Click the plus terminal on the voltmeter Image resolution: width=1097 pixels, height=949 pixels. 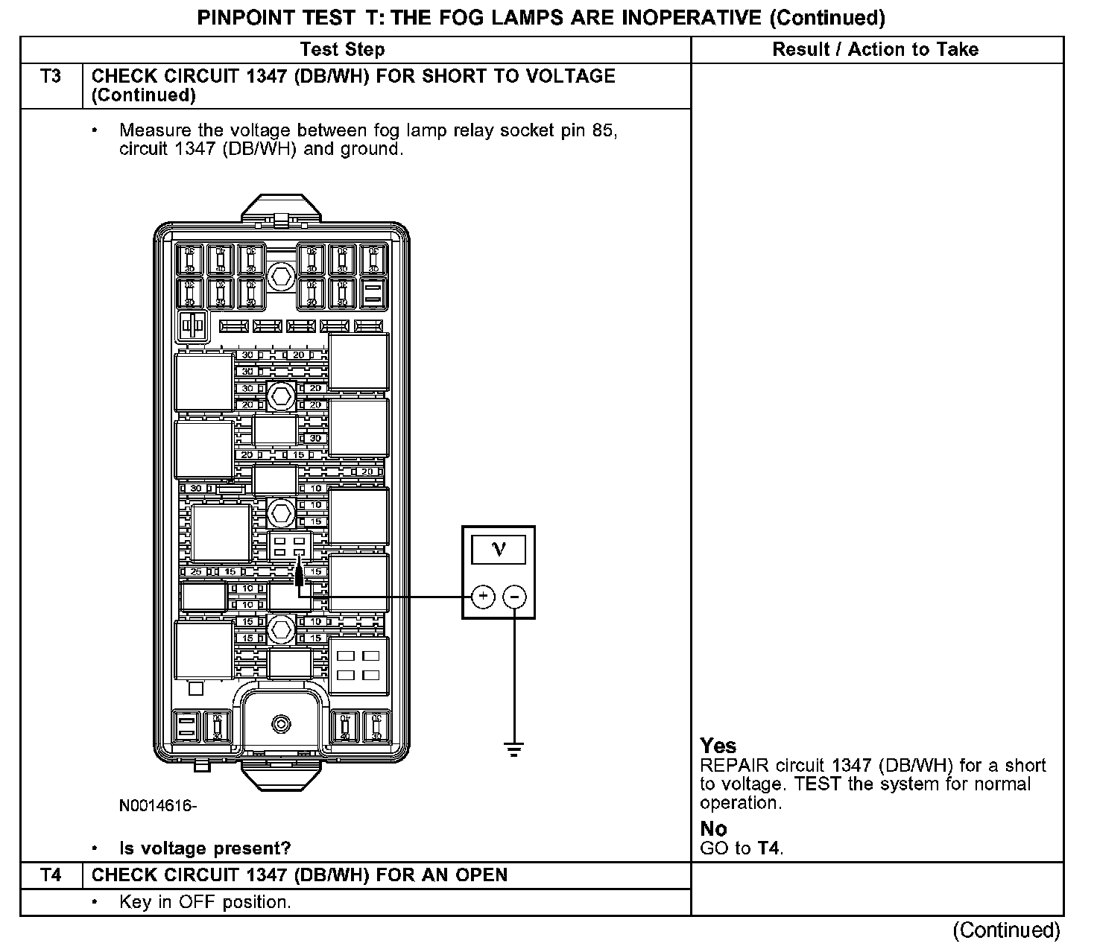point(483,597)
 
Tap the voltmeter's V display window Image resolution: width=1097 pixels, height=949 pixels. point(499,550)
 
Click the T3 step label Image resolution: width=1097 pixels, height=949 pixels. point(51,77)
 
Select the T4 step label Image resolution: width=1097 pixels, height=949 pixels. point(51,875)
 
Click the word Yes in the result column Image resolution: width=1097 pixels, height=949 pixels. point(718,746)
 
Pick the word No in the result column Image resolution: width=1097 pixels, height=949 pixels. point(713,828)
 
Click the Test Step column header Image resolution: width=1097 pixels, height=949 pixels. point(342,50)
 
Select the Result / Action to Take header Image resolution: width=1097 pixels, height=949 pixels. point(876,50)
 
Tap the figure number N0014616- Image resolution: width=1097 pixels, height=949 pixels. point(158,806)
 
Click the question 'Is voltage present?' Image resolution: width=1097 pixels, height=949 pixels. point(205,848)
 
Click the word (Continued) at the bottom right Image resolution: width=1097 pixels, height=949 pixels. point(1006,930)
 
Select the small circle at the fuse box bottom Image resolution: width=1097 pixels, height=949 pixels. point(281,723)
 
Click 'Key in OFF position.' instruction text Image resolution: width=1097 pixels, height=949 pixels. point(205,902)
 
